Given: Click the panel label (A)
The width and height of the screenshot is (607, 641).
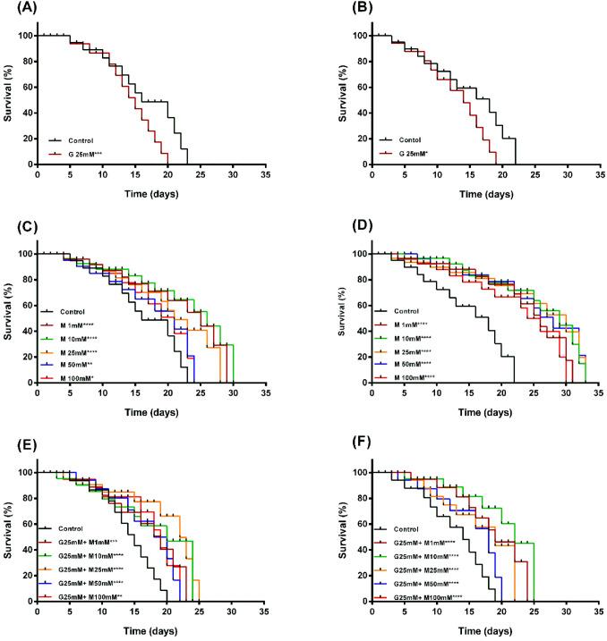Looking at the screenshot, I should (13, 10).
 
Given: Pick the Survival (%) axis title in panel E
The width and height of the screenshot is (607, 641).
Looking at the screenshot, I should (9, 534).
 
